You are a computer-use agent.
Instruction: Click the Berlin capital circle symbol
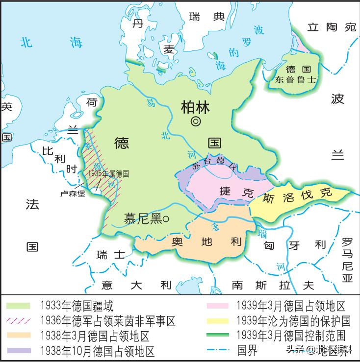pyautogui.click(x=195, y=121)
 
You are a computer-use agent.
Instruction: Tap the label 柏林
pyautogui.click(x=195, y=106)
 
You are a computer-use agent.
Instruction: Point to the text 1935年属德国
pyautogui.click(x=108, y=174)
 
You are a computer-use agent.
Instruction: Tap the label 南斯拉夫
pyautogui.click(x=273, y=285)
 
